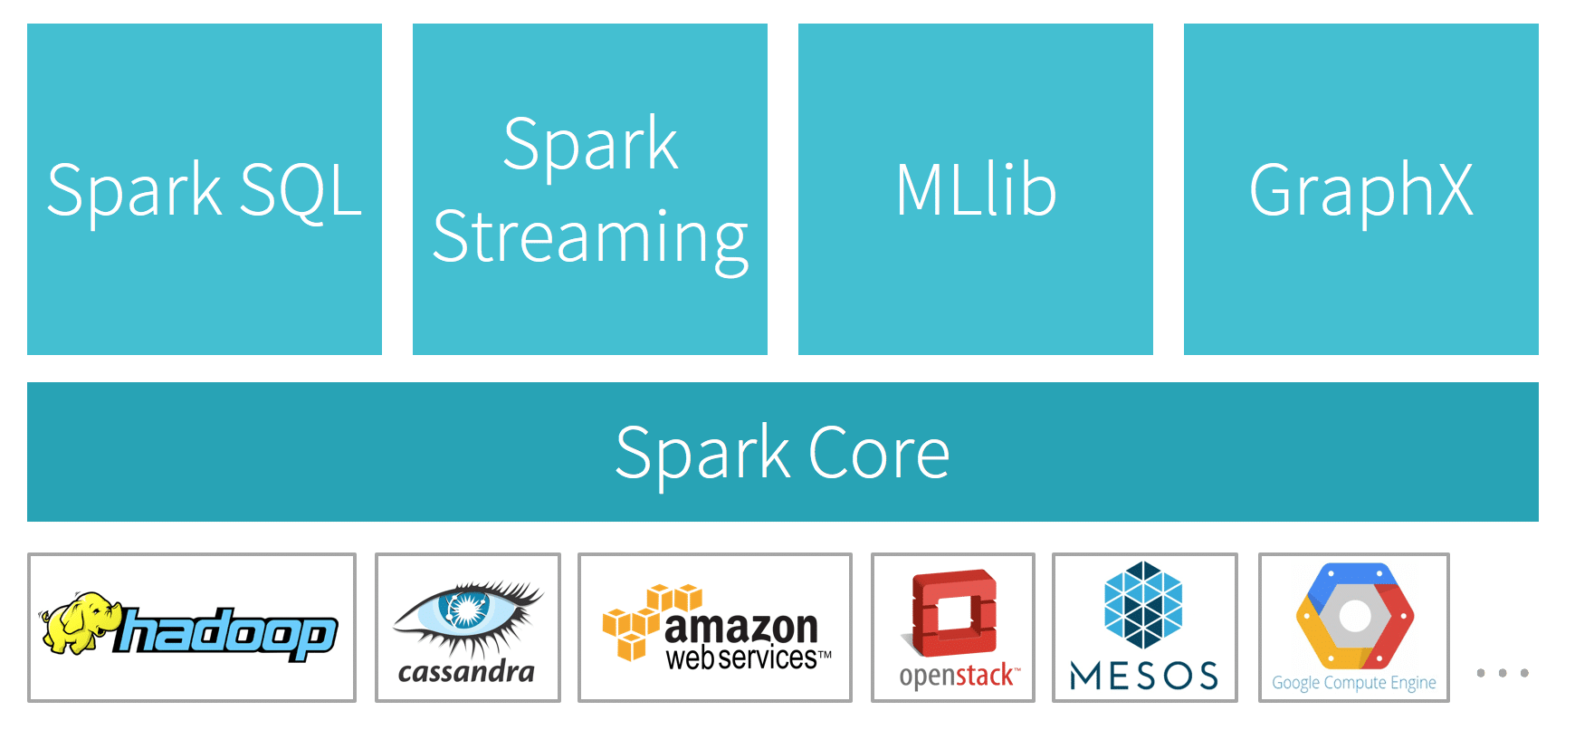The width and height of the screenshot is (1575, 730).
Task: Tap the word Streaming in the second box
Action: pyautogui.click(x=590, y=237)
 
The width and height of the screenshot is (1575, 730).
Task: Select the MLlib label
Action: pyautogui.click(x=976, y=190)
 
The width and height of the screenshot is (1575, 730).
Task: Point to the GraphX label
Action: pyautogui.click(x=1360, y=190)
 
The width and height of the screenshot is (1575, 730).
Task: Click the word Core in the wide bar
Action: pyautogui.click(x=878, y=453)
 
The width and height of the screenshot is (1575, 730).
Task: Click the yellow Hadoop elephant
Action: pyautogui.click(x=80, y=623)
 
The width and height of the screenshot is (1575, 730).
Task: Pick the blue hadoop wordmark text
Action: pyautogui.click(x=226, y=632)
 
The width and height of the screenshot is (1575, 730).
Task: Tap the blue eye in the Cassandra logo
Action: pyautogui.click(x=464, y=609)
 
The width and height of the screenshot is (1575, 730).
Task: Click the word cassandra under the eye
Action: pyautogui.click(x=466, y=672)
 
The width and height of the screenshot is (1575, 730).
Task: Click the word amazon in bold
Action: pyautogui.click(x=740, y=627)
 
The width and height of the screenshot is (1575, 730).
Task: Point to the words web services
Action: pyautogui.click(x=742, y=658)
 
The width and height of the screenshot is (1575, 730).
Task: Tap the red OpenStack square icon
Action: pyautogui.click(x=953, y=612)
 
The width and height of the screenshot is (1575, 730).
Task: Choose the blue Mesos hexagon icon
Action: pyautogui.click(x=1143, y=605)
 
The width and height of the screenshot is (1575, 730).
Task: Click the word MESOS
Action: pyautogui.click(x=1144, y=676)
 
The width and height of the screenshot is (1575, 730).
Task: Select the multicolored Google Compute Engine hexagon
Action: pyautogui.click(x=1354, y=616)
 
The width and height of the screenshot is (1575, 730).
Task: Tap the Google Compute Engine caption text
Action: pyautogui.click(x=1354, y=683)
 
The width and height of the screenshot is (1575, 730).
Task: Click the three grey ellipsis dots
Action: pyautogui.click(x=1503, y=673)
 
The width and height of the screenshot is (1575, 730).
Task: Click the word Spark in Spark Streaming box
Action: pyautogui.click(x=590, y=145)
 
